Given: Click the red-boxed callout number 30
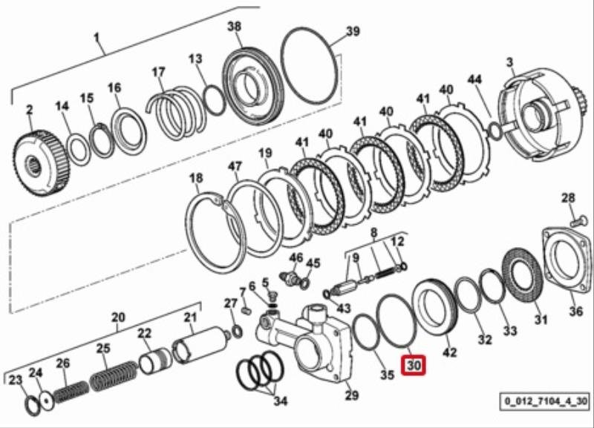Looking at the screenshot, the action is click(414, 365).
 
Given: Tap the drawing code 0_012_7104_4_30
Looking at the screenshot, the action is click(546, 401).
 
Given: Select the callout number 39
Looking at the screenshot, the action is click(353, 30).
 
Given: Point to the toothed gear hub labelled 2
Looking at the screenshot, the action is click(42, 162).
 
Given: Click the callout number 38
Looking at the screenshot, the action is click(235, 27).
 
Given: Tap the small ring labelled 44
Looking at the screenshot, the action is click(495, 130).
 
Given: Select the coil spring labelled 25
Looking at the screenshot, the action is click(114, 376).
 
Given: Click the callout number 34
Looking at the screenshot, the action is click(281, 401).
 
